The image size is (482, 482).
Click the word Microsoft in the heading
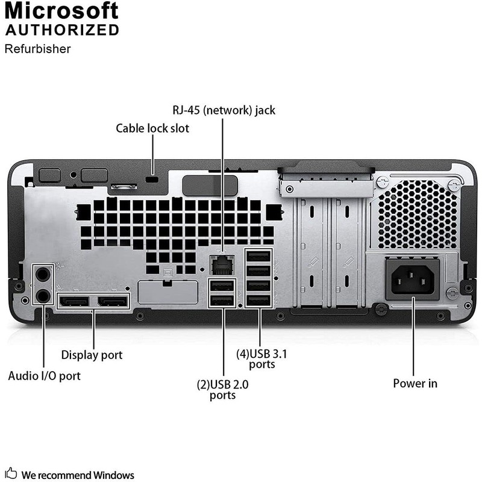click(x=62, y=10)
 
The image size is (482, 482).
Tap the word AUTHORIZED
click(x=62, y=30)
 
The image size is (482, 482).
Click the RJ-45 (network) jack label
click(x=224, y=110)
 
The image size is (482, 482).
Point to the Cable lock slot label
click(x=152, y=128)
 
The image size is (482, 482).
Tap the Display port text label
click(x=92, y=355)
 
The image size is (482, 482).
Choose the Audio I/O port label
click(x=44, y=376)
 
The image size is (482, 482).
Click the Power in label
click(x=415, y=383)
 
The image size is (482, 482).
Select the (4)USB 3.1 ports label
click(x=261, y=358)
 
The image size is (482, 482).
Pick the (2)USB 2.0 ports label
click(x=222, y=390)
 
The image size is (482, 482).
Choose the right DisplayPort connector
click(x=113, y=301)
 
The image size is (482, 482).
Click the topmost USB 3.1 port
click(x=260, y=255)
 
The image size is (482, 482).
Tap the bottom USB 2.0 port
click(x=221, y=300)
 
